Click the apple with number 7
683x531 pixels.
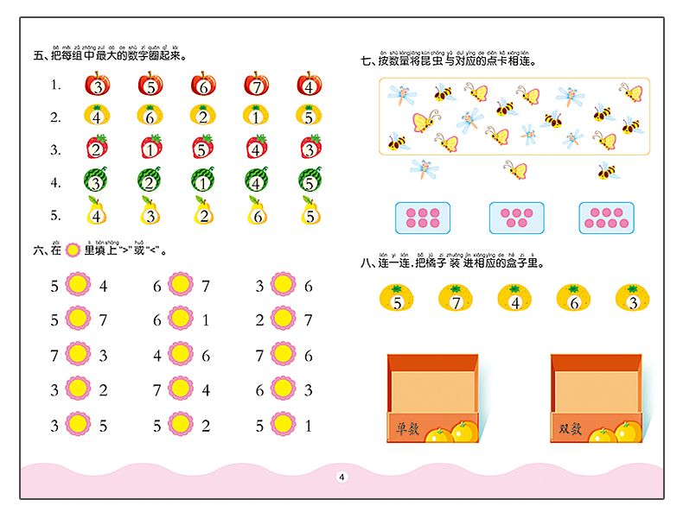(257, 85)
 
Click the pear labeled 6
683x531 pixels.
(257, 215)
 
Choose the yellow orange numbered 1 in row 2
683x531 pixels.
(257, 117)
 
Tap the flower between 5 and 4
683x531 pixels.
(79, 285)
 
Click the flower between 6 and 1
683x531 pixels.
(181, 319)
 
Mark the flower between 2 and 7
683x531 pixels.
(283, 319)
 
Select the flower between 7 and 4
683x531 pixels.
(181, 389)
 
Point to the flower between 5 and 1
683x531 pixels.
(283, 424)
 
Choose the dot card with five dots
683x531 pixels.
(516, 218)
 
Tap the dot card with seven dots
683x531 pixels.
(607, 218)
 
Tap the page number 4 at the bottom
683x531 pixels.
(341, 478)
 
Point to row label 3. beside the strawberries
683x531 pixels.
(55, 149)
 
